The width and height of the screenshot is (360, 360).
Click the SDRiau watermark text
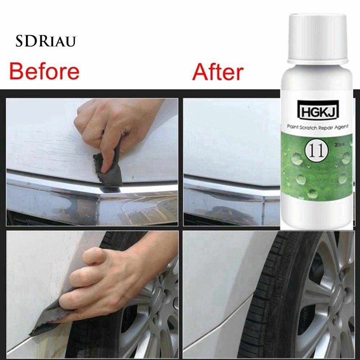(45, 41)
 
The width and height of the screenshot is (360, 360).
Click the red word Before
(44, 72)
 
